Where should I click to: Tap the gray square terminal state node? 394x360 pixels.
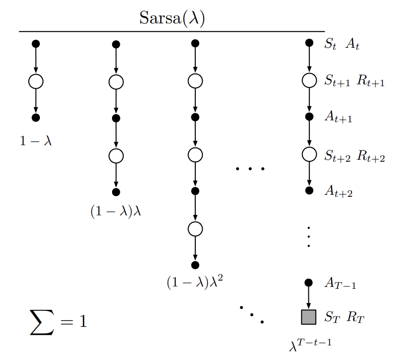click(x=309, y=317)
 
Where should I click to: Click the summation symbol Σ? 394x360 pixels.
click(x=42, y=322)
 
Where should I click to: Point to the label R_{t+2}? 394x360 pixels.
click(x=371, y=156)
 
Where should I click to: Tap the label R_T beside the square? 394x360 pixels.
click(x=356, y=318)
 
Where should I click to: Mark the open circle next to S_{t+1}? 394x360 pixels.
click(x=309, y=80)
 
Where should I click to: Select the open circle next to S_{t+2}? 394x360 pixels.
click(x=309, y=155)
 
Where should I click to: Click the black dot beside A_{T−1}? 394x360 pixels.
click(x=309, y=283)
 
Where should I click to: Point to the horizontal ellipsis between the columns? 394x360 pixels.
click(x=249, y=169)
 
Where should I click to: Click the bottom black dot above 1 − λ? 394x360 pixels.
click(x=36, y=117)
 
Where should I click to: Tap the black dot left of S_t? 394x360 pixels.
click(x=309, y=43)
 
